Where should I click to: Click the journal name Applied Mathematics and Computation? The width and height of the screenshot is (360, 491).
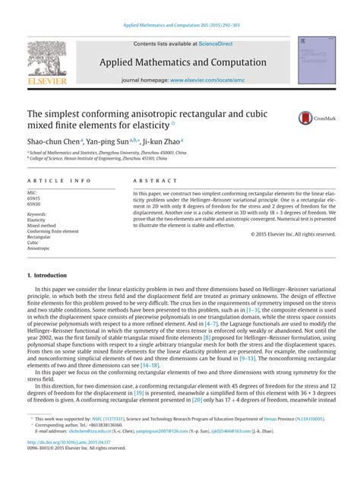pos(180,62)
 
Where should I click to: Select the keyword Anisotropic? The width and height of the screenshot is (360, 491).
pos(39,248)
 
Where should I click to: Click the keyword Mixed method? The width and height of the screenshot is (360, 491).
pos(43,226)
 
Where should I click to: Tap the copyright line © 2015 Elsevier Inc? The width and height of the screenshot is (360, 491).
pos(293,234)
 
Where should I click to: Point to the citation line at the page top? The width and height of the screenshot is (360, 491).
pos(180,25)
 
